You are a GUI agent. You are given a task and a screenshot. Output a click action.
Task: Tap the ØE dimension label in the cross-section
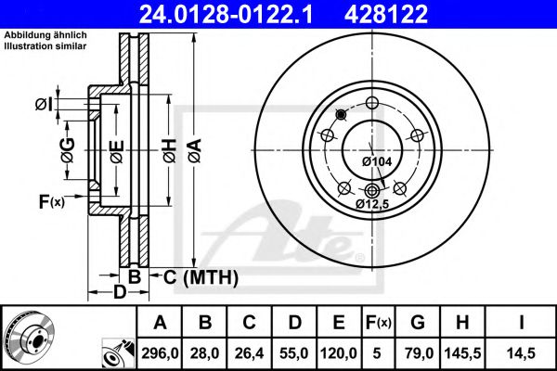(115, 150)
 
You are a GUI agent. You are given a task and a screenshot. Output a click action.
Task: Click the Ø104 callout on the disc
(376, 161)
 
